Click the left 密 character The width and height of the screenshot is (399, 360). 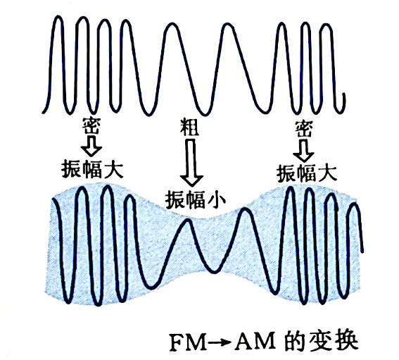(x=91, y=126)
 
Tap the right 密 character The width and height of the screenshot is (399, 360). (x=304, y=129)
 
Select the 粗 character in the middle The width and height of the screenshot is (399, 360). (x=189, y=127)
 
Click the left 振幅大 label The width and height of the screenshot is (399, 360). (x=92, y=169)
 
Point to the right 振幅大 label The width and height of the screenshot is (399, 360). (x=307, y=173)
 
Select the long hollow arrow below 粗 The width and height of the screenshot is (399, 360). (x=191, y=163)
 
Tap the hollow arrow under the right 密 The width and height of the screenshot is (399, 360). (x=303, y=151)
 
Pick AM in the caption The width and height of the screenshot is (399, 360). (x=256, y=342)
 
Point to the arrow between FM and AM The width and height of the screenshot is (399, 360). (x=220, y=343)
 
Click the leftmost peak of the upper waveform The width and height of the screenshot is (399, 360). (x=58, y=17)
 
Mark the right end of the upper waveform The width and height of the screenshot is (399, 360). (x=344, y=94)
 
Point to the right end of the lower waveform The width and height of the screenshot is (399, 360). (x=362, y=252)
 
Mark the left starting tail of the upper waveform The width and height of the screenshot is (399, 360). (x=43, y=111)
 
